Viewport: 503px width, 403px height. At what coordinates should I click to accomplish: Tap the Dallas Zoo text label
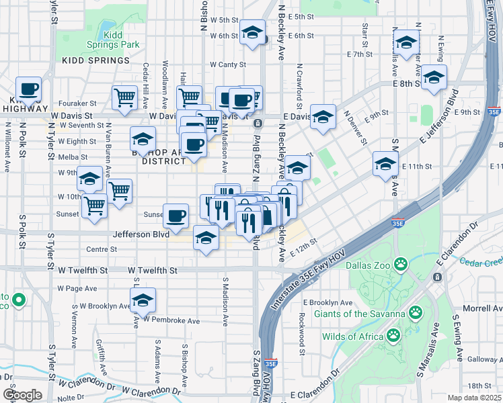click(x=369, y=265)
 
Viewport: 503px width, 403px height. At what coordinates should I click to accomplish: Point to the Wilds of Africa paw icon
click(x=393, y=334)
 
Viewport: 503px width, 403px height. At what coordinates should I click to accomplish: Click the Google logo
click(x=22, y=395)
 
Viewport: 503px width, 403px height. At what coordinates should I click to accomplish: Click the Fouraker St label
click(x=77, y=103)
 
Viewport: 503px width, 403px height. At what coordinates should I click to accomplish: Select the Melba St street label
click(x=69, y=156)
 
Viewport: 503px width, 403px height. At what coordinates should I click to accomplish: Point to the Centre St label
click(x=102, y=249)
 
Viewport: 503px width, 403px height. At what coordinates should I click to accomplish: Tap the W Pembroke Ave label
click(x=171, y=320)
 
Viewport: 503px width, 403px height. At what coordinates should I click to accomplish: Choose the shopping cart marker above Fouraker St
click(x=125, y=98)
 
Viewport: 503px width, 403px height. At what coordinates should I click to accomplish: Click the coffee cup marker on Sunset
click(x=176, y=215)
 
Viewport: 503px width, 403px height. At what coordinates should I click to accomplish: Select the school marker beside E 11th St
click(x=385, y=163)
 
